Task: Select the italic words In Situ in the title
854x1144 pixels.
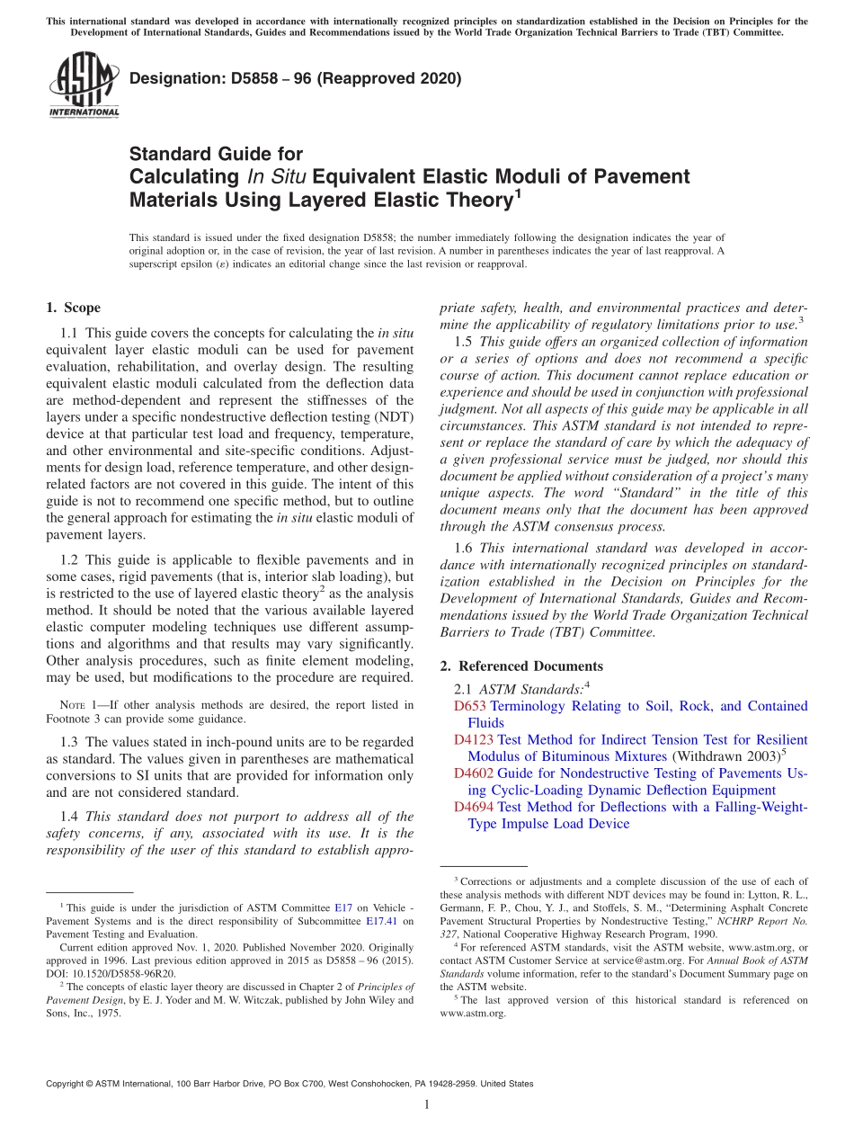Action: (272, 176)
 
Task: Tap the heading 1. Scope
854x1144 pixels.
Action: (73, 308)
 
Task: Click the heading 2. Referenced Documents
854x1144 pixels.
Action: (521, 666)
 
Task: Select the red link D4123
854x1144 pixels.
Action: (474, 740)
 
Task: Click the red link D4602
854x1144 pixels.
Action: (474, 773)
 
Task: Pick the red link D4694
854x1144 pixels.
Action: (474, 807)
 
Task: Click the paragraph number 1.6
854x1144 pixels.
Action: (464, 548)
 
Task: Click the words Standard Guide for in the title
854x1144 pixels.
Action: (216, 154)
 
